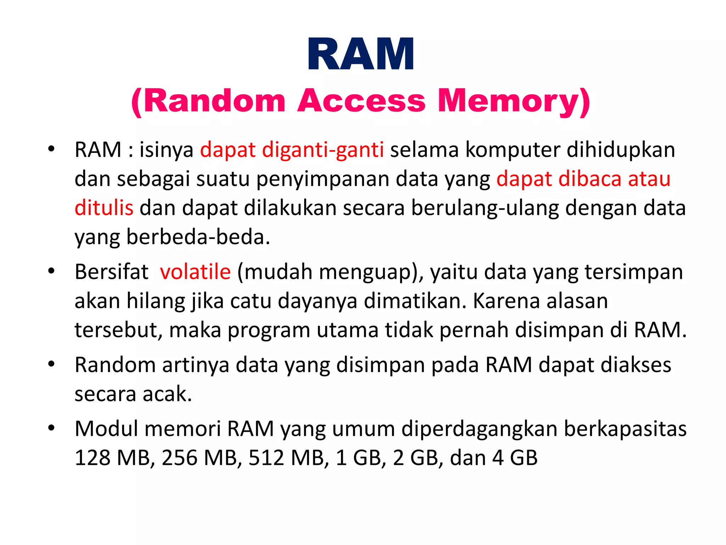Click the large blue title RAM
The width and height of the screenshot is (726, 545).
point(361,54)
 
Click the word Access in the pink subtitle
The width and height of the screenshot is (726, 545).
point(361,101)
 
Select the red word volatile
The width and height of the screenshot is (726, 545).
point(195,272)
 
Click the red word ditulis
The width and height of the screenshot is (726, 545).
point(104,208)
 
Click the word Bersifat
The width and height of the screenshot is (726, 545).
point(111,272)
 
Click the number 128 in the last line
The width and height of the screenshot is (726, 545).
point(93,458)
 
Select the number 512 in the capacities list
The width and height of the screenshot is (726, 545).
point(266,458)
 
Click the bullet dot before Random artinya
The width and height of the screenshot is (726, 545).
point(52,364)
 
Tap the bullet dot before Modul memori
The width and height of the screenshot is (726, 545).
point(52,428)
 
